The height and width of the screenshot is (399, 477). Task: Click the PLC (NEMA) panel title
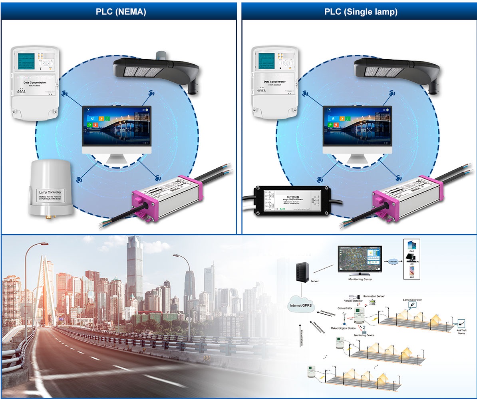tap(121, 12)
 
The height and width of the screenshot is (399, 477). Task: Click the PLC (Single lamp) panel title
tap(360, 12)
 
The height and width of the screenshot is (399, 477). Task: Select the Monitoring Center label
tap(360, 279)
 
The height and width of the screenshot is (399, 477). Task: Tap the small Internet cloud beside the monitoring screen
tap(393, 261)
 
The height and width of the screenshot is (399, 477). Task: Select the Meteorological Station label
tap(343, 328)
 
